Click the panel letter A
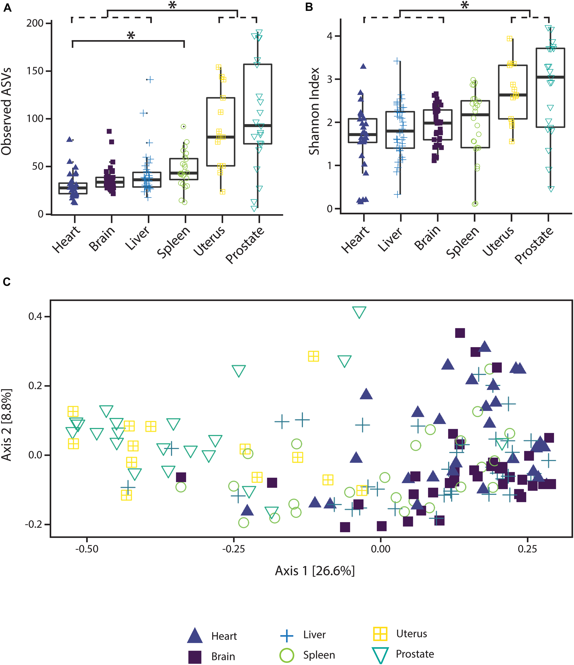[x=7, y=7]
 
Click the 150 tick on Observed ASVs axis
[x=35, y=71]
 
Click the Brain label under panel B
[x=427, y=238]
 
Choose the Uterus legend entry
[x=412, y=634]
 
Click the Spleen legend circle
[x=286, y=655]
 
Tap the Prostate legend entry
[x=415, y=654]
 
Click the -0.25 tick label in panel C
[x=233, y=549]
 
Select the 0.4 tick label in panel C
[x=35, y=317]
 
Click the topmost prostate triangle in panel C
[x=359, y=312]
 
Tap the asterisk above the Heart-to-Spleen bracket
[x=131, y=35]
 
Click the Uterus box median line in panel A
[x=221, y=137]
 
